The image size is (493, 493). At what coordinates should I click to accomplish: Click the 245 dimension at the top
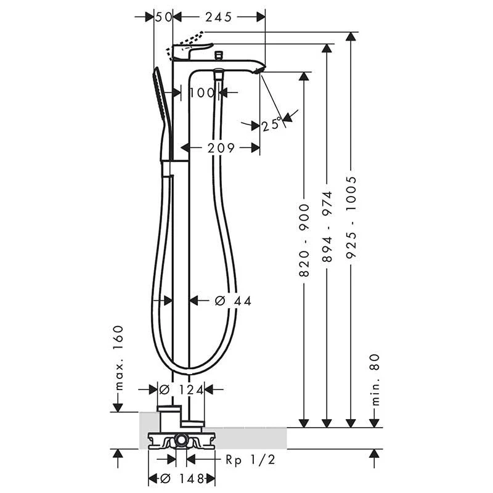click(x=219, y=17)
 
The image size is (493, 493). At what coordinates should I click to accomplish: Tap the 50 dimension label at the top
click(x=163, y=17)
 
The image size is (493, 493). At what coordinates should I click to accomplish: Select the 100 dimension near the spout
click(x=202, y=93)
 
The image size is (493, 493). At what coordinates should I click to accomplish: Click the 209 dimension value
click(x=221, y=148)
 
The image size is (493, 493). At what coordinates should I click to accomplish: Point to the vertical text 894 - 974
click(x=327, y=227)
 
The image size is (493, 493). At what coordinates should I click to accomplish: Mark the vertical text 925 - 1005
click(x=351, y=208)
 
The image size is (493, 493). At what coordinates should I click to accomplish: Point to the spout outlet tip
click(x=261, y=69)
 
